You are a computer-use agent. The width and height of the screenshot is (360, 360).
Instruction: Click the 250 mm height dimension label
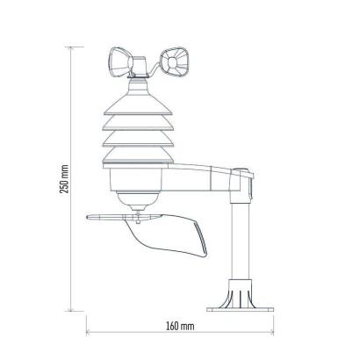64,179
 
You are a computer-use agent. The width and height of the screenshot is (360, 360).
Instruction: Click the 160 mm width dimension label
180,326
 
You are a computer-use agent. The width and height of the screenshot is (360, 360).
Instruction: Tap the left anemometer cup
120,62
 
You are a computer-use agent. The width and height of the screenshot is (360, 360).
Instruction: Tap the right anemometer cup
174,62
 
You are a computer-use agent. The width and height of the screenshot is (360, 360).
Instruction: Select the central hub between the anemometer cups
140,67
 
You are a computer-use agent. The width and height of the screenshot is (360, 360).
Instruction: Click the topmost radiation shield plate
138,104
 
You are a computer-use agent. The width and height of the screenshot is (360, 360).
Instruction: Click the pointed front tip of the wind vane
88,217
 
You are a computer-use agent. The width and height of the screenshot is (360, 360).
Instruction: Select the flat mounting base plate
240,309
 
